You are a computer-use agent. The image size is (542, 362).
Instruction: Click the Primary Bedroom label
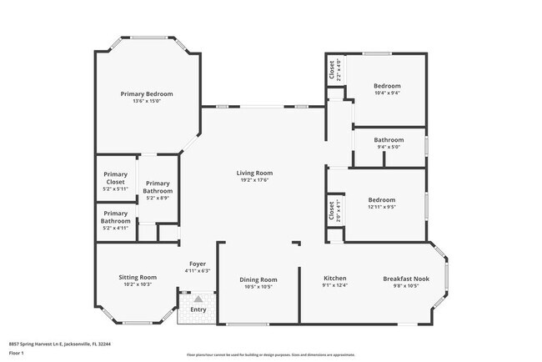(x=146, y=94)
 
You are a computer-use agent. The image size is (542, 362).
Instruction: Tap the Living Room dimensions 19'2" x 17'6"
(x=254, y=181)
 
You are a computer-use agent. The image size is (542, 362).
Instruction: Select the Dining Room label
(x=258, y=279)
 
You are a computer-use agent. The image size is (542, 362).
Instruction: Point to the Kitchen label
(x=334, y=278)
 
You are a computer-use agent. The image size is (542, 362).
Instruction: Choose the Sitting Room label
(x=138, y=277)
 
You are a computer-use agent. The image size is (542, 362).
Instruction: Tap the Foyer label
(x=198, y=264)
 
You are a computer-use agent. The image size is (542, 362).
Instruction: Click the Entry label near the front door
(x=198, y=309)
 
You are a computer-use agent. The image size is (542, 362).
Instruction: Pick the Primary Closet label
(x=116, y=178)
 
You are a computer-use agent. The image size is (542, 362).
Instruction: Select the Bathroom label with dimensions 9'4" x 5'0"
(x=389, y=139)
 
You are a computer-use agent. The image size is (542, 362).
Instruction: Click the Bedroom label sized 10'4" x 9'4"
(x=387, y=86)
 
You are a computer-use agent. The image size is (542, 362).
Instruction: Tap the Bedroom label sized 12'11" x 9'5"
(x=382, y=199)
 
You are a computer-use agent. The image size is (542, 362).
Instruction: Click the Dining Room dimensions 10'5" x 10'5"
(x=258, y=287)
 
